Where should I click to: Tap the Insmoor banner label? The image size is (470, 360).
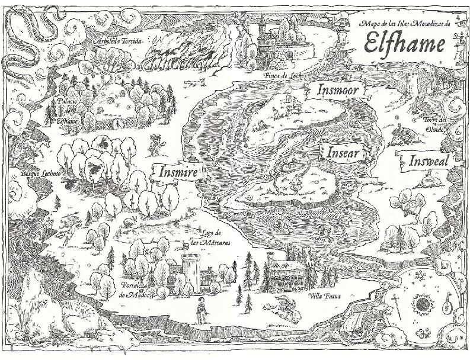pyautogui.click(x=337, y=91)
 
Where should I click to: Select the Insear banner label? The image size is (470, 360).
pyautogui.click(x=343, y=152)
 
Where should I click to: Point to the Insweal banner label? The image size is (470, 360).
pyautogui.click(x=429, y=160)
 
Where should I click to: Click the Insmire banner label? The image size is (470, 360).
pyautogui.click(x=177, y=172)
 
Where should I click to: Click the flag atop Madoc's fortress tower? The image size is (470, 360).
pyautogui.click(x=192, y=243)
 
